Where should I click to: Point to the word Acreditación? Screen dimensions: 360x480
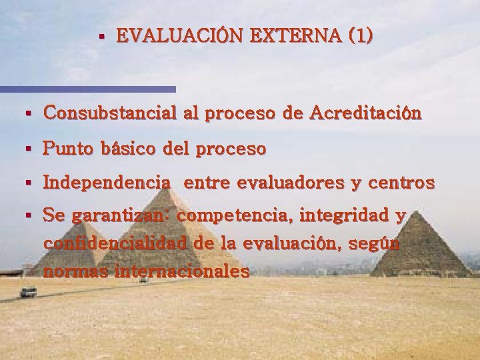click(365, 113)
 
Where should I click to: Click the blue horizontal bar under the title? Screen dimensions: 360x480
click(87, 89)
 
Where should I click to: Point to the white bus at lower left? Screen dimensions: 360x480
click(28, 291)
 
